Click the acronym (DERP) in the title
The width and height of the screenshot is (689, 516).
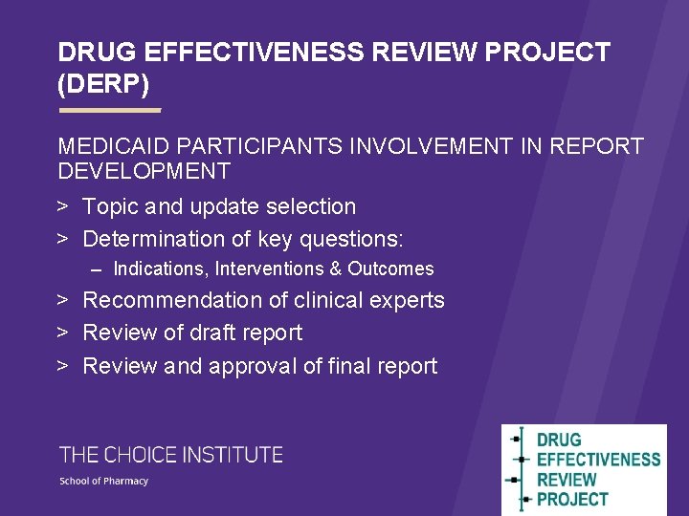point(103,84)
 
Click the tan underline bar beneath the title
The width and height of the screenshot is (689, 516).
point(110,111)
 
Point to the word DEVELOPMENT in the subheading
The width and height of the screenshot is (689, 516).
point(144,171)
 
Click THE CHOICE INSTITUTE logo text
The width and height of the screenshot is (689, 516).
point(171,455)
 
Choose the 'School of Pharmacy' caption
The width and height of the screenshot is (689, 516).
point(104,481)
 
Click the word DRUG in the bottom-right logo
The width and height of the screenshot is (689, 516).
point(559,441)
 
